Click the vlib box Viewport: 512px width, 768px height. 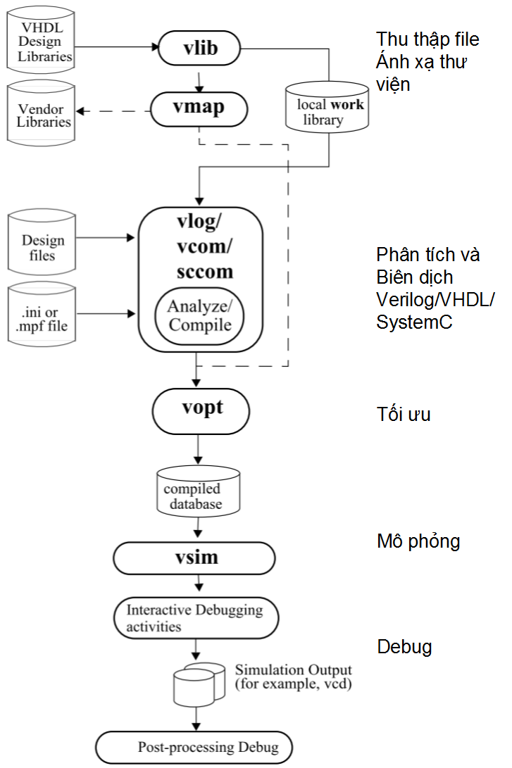point(199,49)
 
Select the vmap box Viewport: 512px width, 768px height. point(200,110)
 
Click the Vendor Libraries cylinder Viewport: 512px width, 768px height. point(41,116)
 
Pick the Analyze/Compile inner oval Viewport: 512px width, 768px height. point(199,316)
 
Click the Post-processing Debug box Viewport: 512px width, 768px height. point(194,748)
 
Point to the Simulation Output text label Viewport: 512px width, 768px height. point(293,676)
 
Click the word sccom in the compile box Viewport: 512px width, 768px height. point(204,271)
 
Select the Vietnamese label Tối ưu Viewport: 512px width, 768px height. point(403,415)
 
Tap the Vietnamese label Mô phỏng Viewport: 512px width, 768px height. point(418,541)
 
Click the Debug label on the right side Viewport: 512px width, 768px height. point(404,646)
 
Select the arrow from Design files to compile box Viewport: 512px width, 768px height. point(106,239)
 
